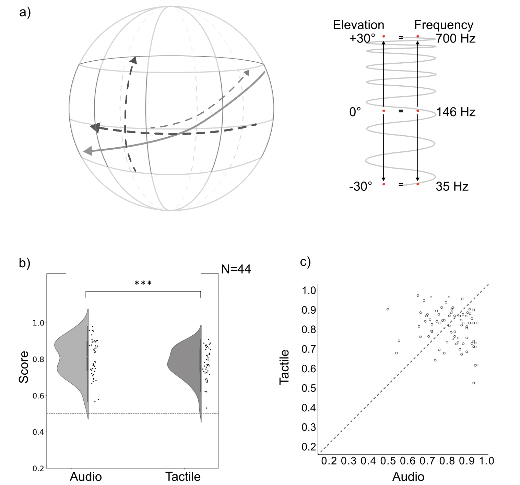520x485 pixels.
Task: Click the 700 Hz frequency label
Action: click(456, 38)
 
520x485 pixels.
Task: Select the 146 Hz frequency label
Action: click(456, 112)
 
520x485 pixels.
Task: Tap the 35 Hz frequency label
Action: click(452, 187)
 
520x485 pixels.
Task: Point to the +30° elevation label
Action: click(362, 38)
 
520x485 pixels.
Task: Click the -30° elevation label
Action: click(361, 187)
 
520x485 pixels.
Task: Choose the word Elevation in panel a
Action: click(358, 25)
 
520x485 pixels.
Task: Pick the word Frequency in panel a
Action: click(444, 25)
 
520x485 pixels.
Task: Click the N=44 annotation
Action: click(236, 269)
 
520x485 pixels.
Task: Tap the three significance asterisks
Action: click(143, 283)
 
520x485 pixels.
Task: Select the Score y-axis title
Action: click(24, 367)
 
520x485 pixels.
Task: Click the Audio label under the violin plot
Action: click(86, 476)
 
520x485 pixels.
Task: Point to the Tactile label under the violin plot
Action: click(183, 476)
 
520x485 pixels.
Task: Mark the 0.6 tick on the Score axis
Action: click(38, 396)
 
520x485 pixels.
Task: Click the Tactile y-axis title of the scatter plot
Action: click(284, 367)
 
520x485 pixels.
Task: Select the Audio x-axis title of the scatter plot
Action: click(408, 476)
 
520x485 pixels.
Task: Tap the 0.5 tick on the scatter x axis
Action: click(388, 461)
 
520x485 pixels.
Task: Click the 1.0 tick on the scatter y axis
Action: click(309, 290)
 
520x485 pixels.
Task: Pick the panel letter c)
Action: click(305, 262)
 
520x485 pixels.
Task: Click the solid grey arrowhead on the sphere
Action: click(88, 151)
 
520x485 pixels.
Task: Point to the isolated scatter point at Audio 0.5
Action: click(388, 309)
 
